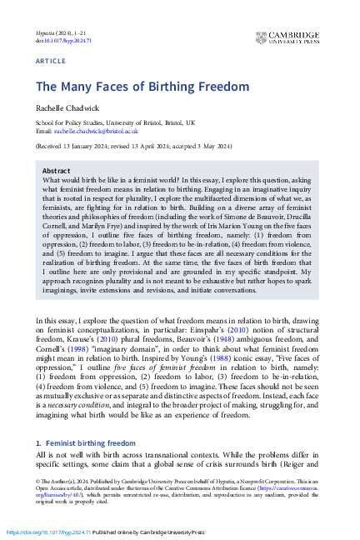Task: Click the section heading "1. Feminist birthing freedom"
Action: (87, 445)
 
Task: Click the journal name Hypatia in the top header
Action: (45, 32)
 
